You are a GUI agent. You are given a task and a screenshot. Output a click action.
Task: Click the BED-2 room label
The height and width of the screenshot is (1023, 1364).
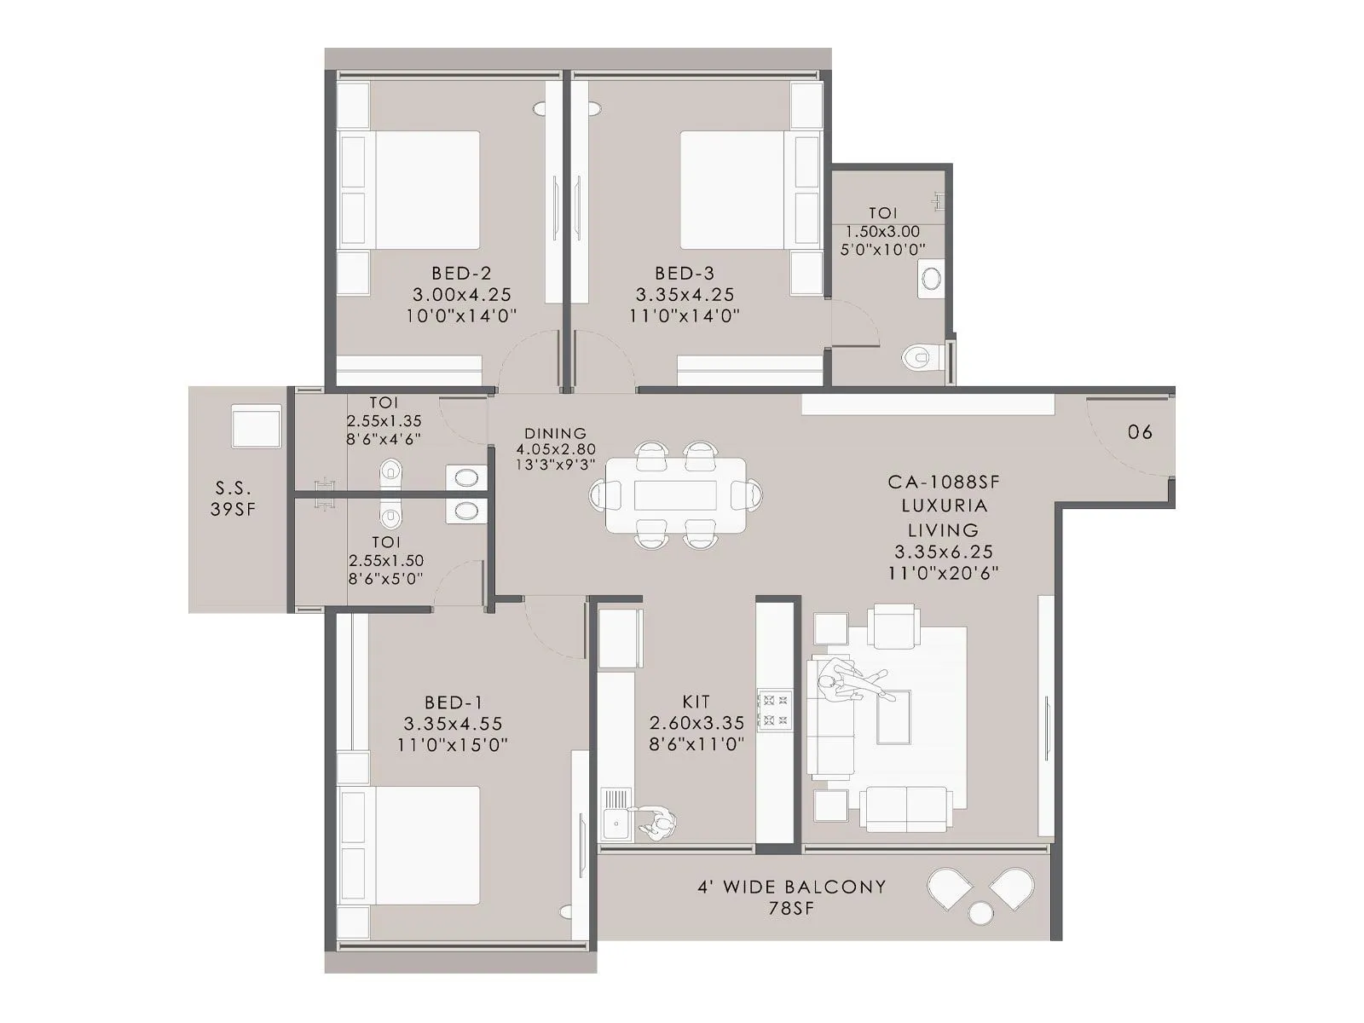click(461, 274)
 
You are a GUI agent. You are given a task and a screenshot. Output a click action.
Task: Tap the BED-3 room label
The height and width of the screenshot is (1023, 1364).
click(685, 274)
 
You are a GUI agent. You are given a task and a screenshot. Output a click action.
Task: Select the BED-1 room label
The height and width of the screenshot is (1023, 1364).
click(454, 703)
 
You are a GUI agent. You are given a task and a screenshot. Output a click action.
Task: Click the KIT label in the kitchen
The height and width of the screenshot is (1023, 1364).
click(696, 702)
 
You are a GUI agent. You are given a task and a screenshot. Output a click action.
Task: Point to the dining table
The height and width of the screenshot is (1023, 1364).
click(675, 495)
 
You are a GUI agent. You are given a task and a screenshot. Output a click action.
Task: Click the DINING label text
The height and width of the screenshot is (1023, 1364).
click(555, 433)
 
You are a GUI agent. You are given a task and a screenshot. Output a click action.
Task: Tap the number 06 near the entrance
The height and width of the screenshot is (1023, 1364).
click(1140, 431)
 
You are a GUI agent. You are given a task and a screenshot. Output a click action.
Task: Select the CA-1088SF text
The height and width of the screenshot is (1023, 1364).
click(943, 482)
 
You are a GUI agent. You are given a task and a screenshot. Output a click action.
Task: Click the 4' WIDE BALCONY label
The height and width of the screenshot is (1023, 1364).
click(792, 887)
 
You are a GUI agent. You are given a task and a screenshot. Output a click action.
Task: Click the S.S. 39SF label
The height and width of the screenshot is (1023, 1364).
click(233, 499)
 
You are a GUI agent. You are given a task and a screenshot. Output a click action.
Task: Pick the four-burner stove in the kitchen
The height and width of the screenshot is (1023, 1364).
click(775, 710)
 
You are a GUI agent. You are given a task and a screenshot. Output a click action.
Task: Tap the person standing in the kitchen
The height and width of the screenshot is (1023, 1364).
click(658, 824)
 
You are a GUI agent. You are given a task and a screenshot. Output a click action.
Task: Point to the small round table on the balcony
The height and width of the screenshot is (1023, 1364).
click(981, 913)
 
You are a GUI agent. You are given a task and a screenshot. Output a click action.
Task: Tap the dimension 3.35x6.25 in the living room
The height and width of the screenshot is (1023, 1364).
click(943, 552)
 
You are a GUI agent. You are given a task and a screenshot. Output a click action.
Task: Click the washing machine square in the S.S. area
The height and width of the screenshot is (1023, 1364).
click(256, 426)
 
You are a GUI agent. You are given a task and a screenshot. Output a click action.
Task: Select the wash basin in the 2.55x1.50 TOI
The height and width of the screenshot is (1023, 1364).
click(466, 511)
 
